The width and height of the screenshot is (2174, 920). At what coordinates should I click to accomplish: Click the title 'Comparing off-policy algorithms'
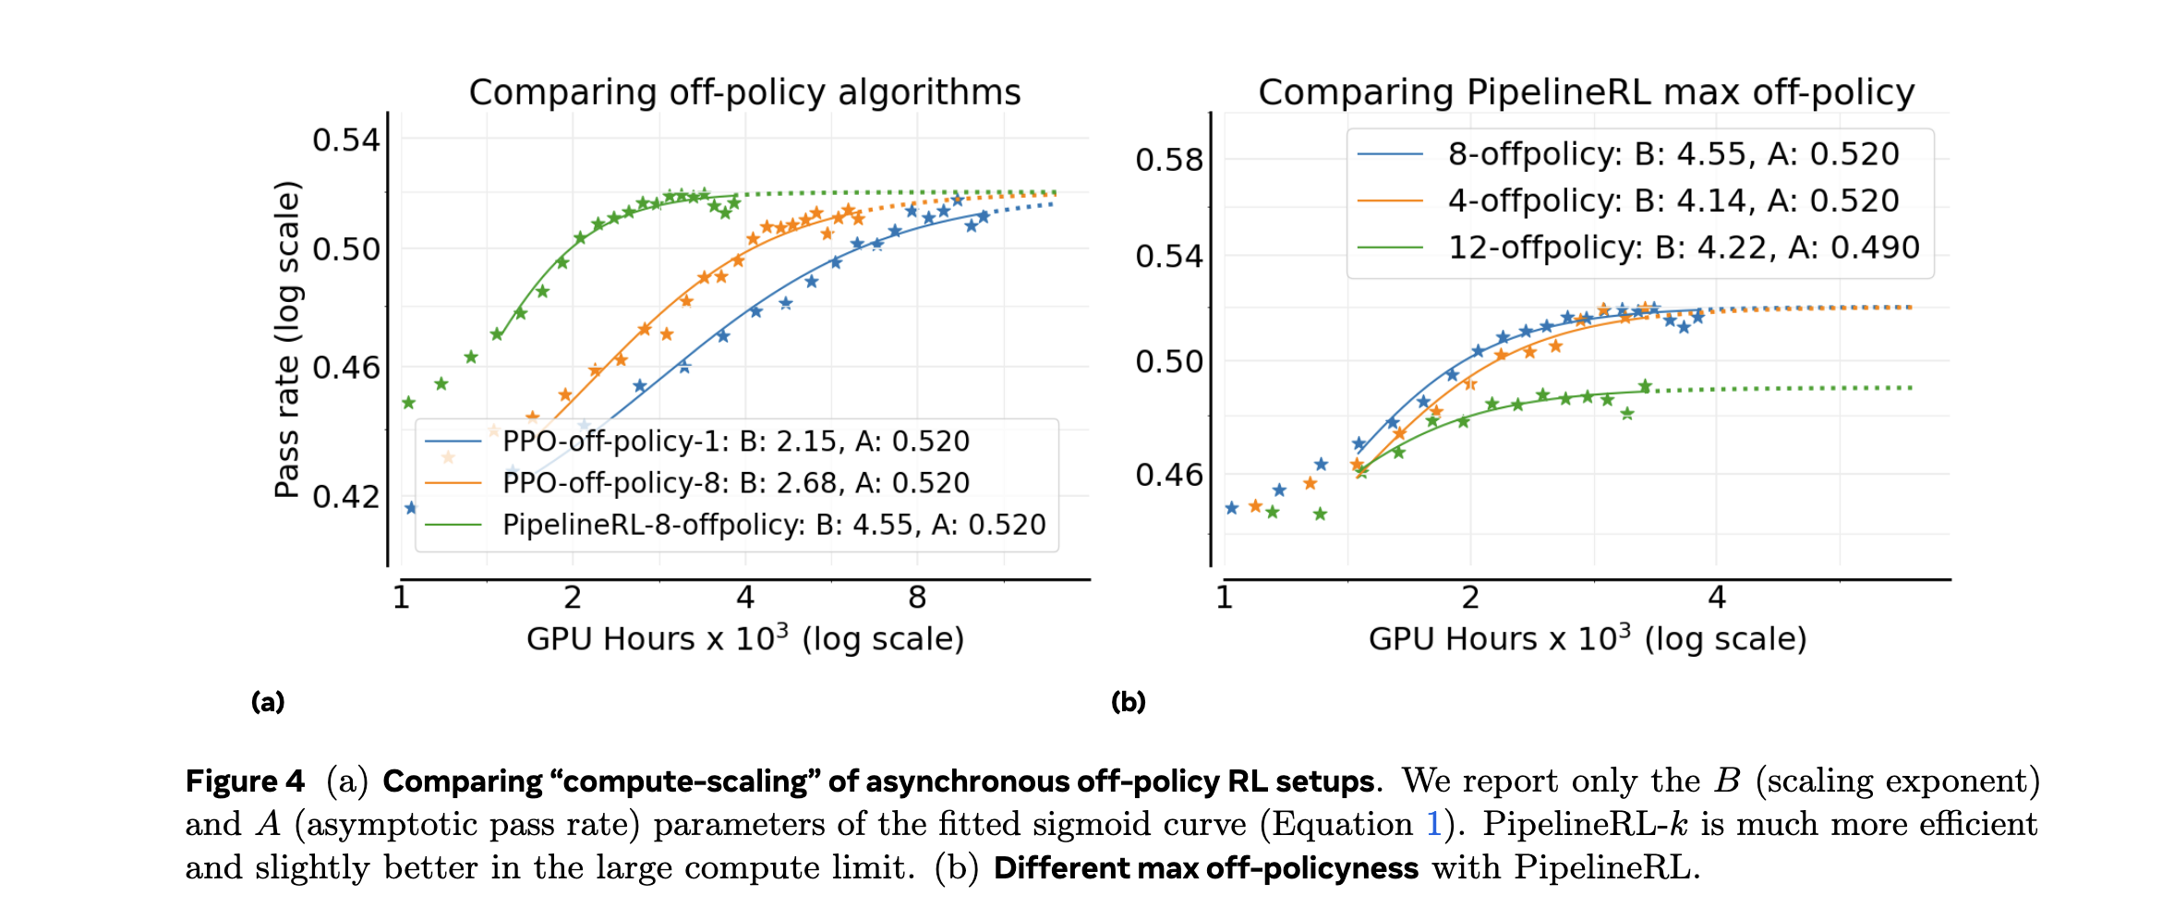pos(744,92)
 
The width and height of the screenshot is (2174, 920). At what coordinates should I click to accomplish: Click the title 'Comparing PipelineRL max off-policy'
pos(1586,92)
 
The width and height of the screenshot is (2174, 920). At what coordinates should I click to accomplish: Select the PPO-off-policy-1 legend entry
pos(735,442)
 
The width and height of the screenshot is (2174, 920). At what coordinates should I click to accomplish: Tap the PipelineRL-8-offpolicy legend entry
pos(773,525)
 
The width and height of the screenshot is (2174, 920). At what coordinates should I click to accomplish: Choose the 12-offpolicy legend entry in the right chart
pos(1683,248)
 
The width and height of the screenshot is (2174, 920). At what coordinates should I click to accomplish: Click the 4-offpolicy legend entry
pos(1673,200)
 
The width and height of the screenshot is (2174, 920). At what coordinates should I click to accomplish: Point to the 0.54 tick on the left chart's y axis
pos(346,140)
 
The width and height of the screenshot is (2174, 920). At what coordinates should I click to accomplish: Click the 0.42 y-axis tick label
pos(346,497)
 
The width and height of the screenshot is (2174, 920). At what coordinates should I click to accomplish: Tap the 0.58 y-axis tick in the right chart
pos(1169,160)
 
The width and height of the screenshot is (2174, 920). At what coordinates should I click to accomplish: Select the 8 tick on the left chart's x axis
pos(917,598)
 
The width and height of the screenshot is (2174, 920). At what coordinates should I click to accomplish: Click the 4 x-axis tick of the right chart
pos(1716,598)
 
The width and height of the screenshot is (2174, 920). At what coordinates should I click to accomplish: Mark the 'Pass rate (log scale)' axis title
pos(287,340)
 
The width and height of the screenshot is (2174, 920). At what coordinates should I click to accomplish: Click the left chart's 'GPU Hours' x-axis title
pos(744,638)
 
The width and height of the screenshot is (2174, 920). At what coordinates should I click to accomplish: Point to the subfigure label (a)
pos(268,702)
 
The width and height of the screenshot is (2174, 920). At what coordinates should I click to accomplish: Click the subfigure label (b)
pos(1128,702)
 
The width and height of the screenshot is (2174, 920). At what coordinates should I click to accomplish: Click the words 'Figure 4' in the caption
pos(245,781)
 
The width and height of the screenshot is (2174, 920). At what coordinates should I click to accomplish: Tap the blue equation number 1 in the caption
pos(1434,824)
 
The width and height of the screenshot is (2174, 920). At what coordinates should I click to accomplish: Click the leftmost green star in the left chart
pos(408,403)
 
